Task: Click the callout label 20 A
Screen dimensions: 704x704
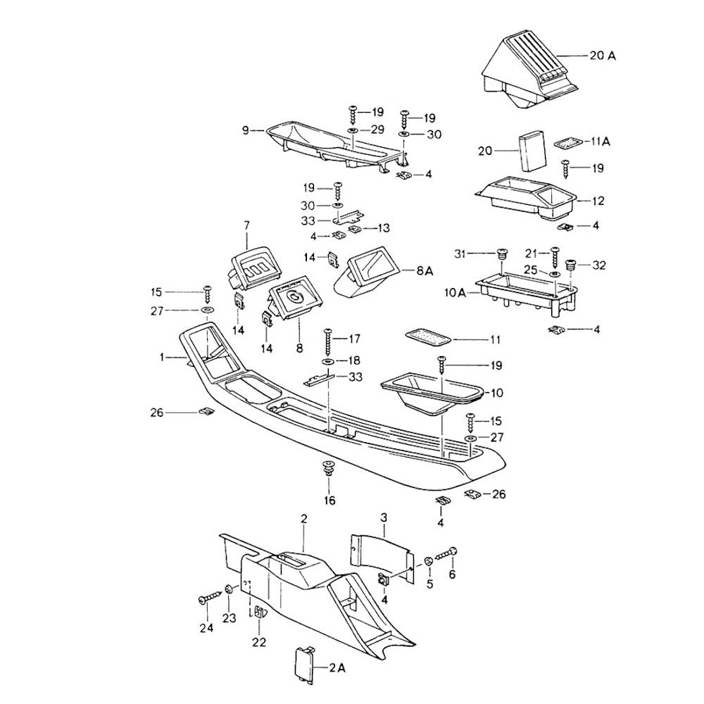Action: pos(602,55)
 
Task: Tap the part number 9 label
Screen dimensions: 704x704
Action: pos(245,130)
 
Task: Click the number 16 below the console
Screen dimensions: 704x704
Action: pos(329,501)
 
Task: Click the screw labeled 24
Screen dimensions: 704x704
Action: pos(208,599)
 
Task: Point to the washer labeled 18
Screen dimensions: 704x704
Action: pos(328,361)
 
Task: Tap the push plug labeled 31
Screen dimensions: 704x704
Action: pos(501,254)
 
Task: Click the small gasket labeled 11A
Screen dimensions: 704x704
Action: pos(570,143)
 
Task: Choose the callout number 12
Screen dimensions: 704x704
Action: pos(598,201)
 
